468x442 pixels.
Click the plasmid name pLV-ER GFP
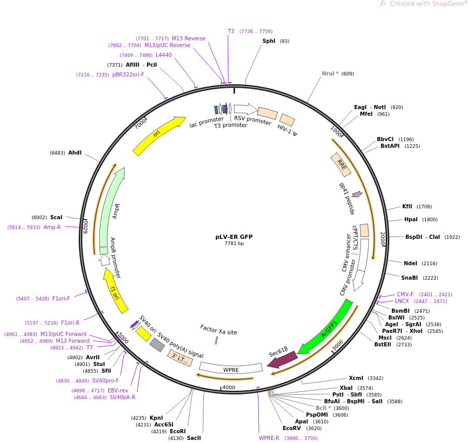234,237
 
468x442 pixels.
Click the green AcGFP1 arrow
326,327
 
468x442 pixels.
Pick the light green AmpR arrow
110,207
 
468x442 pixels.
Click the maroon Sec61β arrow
282,359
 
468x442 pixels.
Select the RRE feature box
341,164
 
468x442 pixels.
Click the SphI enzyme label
269,41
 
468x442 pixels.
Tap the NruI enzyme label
330,73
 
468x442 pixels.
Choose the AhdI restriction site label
75,153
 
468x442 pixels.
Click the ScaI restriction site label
56,217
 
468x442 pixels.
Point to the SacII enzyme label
194,438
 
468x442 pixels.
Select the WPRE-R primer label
269,438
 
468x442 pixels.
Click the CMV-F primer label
405,294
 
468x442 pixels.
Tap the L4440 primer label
164,55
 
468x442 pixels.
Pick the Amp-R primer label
52,227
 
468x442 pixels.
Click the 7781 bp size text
234,243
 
